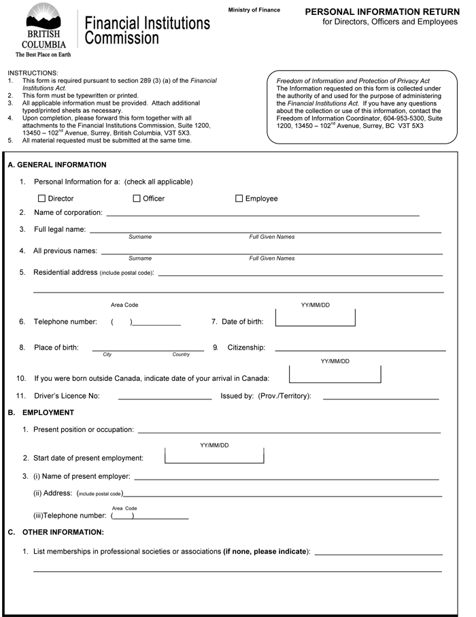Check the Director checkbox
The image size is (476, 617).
click(x=42, y=199)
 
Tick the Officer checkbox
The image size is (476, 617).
click(x=137, y=199)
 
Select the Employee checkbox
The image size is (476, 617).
click(x=239, y=199)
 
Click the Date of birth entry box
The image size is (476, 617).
click(x=315, y=318)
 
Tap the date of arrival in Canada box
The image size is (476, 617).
click(x=335, y=374)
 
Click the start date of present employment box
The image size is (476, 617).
click(x=214, y=456)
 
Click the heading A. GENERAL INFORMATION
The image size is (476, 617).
click(x=57, y=165)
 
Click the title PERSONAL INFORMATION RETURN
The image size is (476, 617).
click(x=381, y=12)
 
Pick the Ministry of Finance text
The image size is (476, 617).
click(x=254, y=10)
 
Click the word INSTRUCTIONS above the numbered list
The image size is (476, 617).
click(x=33, y=73)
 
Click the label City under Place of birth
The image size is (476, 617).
click(x=107, y=354)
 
